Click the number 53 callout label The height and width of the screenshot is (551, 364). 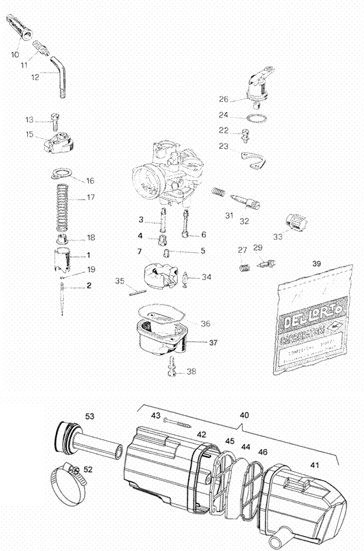click(x=90, y=416)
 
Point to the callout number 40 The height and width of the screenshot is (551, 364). click(x=245, y=415)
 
